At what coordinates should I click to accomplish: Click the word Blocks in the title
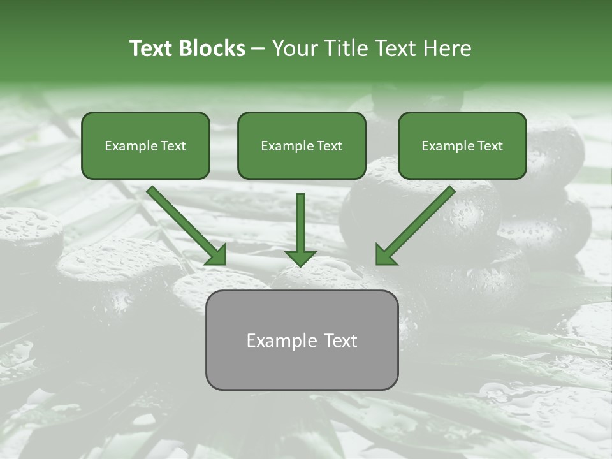tap(212, 48)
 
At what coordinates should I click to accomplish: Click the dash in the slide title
tap(258, 48)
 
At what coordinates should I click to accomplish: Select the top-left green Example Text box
tap(145, 145)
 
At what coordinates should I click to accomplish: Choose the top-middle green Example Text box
tap(302, 145)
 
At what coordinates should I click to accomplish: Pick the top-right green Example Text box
tap(462, 145)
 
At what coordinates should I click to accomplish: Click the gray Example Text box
tap(302, 340)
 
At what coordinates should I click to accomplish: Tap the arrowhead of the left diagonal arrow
tap(216, 254)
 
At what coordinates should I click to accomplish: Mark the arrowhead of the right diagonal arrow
tap(386, 254)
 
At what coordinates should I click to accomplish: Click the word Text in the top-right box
tap(490, 146)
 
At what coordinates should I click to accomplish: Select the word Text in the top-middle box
tap(330, 146)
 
